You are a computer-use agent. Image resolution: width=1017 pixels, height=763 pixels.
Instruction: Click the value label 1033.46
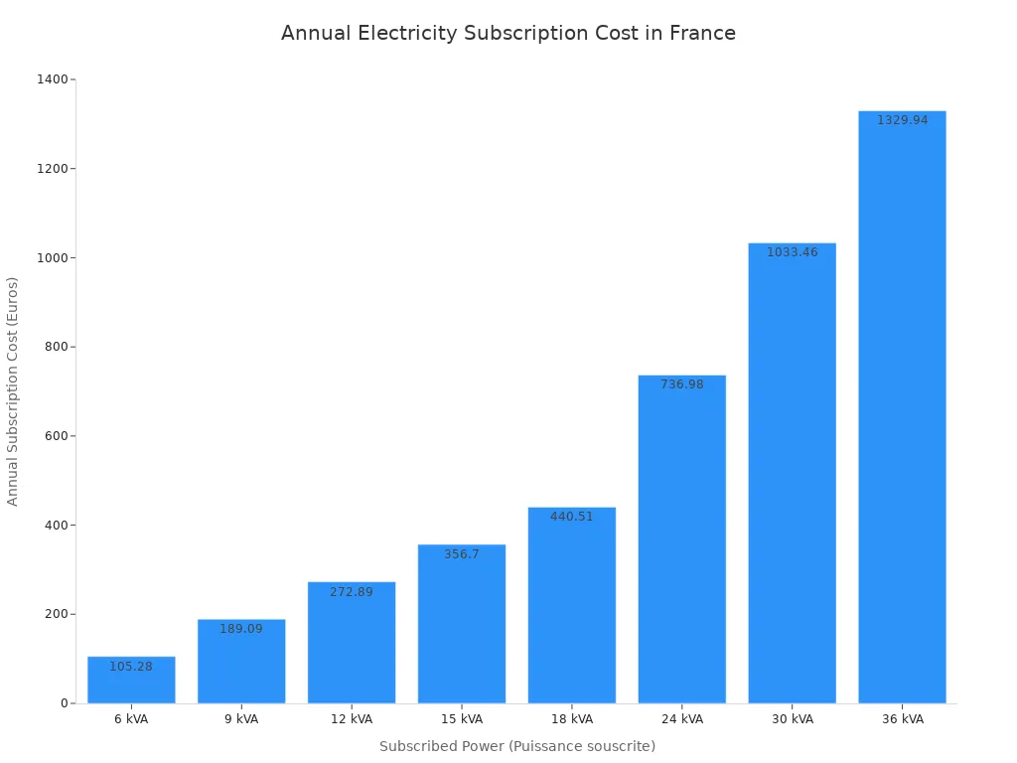pos(792,252)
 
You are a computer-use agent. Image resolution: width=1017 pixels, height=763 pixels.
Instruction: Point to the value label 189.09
pos(241,629)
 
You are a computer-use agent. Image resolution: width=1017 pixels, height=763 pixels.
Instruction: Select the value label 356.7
pos(462,554)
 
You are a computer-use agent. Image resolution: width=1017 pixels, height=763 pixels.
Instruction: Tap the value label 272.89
pos(352,592)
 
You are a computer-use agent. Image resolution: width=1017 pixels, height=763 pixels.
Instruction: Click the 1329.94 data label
pos(902,120)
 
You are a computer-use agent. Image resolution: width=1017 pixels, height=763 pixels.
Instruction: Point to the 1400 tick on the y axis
pos(54,79)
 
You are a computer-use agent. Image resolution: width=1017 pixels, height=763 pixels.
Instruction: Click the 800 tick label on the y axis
pos(57,347)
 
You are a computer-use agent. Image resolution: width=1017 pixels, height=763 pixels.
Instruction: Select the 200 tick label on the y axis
pos(57,614)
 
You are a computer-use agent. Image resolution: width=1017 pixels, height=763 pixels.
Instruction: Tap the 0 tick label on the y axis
pos(65,703)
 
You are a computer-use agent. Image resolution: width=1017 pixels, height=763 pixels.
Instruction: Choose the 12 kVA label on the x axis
pos(352,719)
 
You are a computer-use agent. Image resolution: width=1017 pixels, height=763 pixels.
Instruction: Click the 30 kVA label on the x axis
pos(792,719)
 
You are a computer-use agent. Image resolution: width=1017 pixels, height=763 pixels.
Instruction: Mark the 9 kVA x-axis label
pos(241,719)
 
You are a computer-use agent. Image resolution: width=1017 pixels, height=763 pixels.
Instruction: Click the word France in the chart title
pos(702,33)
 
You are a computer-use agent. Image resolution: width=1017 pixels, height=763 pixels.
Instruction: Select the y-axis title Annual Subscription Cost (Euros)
pos(13,390)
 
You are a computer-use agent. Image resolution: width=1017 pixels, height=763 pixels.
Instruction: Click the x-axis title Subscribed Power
pos(442,746)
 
